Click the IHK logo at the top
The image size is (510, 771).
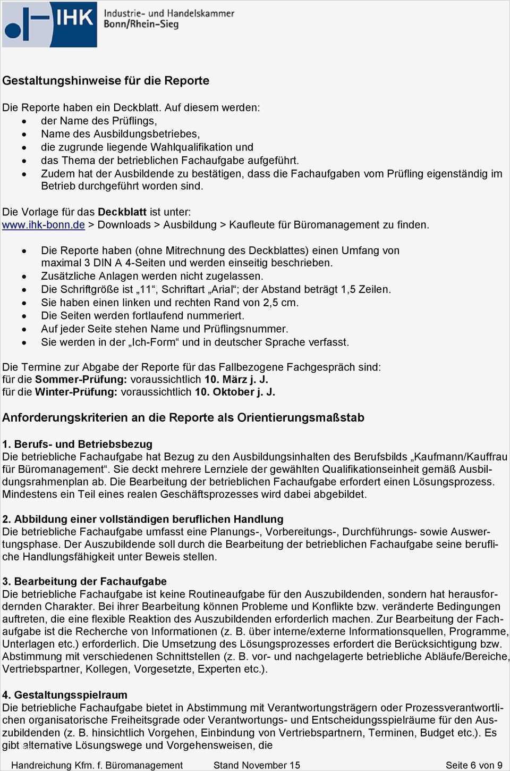tap(49, 24)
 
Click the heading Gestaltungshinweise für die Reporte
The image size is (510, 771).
tap(106, 81)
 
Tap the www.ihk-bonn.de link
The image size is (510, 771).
tap(43, 225)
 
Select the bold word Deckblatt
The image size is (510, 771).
tap(122, 212)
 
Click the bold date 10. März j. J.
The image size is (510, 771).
tap(236, 380)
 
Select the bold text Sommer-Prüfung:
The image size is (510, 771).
tap(81, 380)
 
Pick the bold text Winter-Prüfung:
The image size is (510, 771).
tap(76, 392)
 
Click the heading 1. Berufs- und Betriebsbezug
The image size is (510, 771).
tap(77, 444)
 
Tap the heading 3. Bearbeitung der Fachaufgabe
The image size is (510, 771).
tap(84, 581)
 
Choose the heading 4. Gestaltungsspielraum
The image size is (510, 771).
tap(65, 695)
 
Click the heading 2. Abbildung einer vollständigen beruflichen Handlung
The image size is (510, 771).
tap(142, 519)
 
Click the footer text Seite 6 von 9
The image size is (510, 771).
tap(473, 765)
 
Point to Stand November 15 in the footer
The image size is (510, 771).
tap(257, 765)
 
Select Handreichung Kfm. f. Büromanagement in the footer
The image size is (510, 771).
tap(97, 765)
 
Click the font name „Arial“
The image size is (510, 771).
tap(219, 290)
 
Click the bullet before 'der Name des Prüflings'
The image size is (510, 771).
tap(24, 122)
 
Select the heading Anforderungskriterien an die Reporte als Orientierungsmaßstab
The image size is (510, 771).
tap(183, 418)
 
